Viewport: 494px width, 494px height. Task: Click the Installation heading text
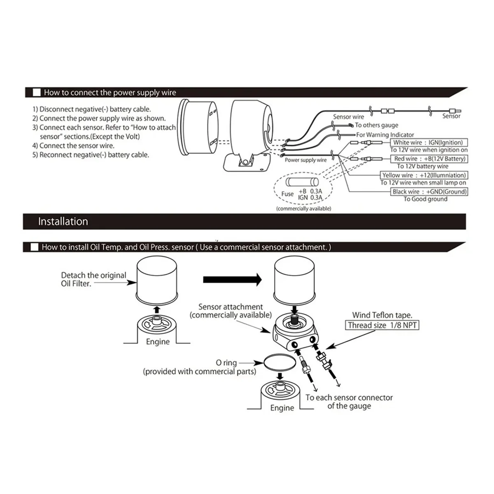pos(63,221)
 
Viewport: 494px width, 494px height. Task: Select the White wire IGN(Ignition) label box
pos(428,142)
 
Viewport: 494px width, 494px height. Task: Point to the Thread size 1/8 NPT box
pos(382,325)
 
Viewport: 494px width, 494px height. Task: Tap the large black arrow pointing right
pos(233,280)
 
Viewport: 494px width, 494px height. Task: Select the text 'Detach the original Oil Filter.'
pos(93,279)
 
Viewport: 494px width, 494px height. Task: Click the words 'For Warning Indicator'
pos(385,135)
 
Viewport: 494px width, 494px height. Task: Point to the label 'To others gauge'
pos(376,125)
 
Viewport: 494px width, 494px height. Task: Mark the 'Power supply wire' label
pos(305,160)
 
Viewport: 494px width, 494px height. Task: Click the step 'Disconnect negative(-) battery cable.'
pos(92,110)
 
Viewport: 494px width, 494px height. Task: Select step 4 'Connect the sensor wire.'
pos(74,146)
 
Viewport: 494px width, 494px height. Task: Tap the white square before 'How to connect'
pos(37,93)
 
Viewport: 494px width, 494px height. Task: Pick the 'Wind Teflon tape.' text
pos(382,315)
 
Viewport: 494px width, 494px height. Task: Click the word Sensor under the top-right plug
pos(451,117)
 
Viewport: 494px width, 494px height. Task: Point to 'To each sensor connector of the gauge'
pos(349,402)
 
